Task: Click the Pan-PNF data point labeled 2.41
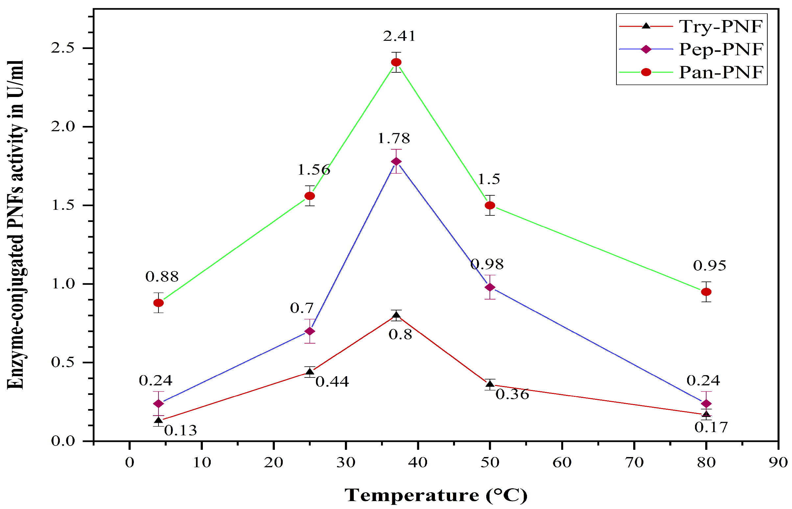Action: [396, 62]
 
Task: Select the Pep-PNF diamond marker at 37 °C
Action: [396, 161]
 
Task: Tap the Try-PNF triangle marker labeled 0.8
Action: [396, 315]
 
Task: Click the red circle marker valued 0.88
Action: [158, 303]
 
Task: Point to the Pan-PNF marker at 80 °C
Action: [706, 292]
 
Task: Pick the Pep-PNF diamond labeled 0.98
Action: [490, 287]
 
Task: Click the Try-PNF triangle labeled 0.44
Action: [310, 372]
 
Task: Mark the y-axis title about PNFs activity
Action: [15, 225]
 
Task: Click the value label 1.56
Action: [314, 170]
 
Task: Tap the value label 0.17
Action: [711, 427]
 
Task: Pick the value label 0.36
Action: [512, 394]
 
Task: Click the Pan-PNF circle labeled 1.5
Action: [490, 205]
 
